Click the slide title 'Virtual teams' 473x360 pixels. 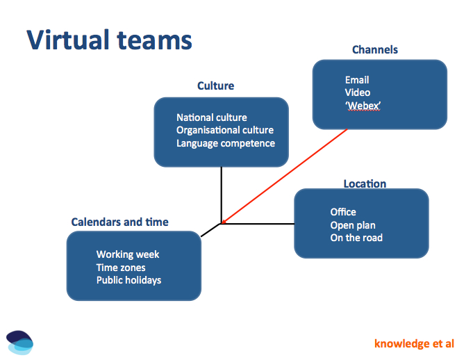coord(109,40)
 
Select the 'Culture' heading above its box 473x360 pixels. coord(215,86)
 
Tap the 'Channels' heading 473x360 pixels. coord(375,49)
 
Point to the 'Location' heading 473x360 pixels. coord(365,183)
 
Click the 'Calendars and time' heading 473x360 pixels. coord(119,222)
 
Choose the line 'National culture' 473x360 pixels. coord(211,117)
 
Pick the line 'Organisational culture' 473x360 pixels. coord(224,130)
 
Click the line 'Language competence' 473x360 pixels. coord(225,143)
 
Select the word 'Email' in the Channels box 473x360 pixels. coord(356,80)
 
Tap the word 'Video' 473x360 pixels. coord(357,92)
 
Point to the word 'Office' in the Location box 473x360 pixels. coord(343,212)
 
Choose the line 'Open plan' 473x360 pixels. coord(352,224)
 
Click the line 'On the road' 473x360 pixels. coord(356,238)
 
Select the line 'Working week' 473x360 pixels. coord(128,254)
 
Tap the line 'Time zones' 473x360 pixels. coord(121,267)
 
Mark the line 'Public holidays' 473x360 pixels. coord(128,280)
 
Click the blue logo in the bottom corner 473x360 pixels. coord(19,341)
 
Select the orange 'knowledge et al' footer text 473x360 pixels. coord(414,343)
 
